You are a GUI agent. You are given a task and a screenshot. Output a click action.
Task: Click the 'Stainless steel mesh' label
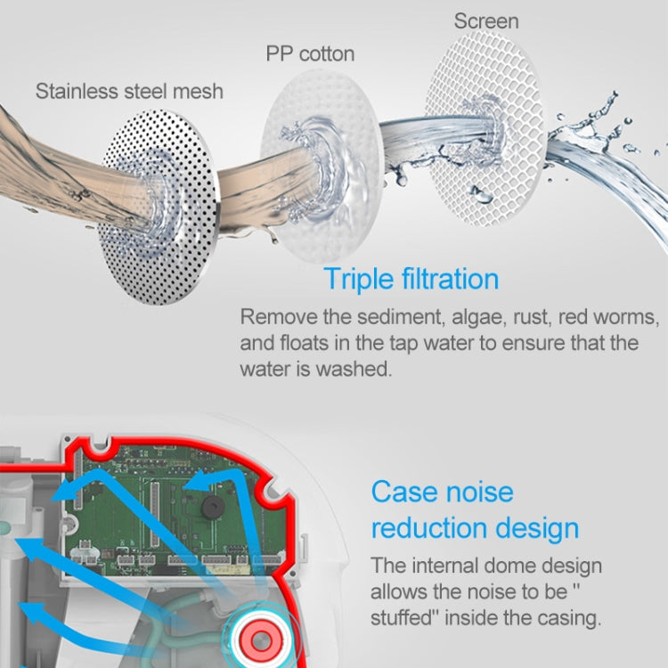pyautogui.click(x=129, y=91)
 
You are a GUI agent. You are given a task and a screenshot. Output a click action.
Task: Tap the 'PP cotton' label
pyautogui.click(x=310, y=53)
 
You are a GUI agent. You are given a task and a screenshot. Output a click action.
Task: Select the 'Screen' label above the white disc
pyautogui.click(x=486, y=21)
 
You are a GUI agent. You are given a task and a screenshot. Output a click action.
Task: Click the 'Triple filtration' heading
pyautogui.click(x=411, y=279)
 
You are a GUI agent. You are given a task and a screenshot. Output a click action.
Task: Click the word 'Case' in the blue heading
pyautogui.click(x=402, y=492)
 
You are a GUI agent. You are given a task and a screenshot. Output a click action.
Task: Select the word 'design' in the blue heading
pyautogui.click(x=537, y=529)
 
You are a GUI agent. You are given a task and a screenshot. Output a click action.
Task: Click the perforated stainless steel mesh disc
pyautogui.click(x=159, y=207)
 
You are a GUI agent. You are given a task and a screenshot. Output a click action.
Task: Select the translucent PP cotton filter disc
pyautogui.click(x=321, y=167)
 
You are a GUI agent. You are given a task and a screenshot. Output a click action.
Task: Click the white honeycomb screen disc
pyautogui.click(x=485, y=127)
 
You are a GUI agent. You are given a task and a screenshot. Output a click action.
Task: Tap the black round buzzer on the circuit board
pyautogui.click(x=213, y=507)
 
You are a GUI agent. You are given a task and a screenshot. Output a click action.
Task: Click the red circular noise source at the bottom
pyautogui.click(x=260, y=639)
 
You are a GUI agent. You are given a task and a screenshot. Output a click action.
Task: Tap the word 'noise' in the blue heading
pyautogui.click(x=477, y=492)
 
